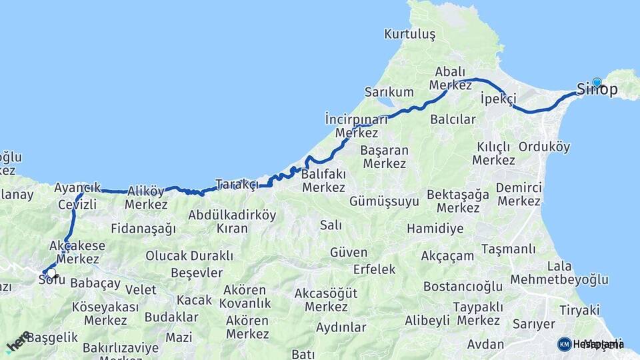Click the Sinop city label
[597, 90]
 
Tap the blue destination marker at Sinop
[597, 83]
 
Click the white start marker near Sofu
[51, 273]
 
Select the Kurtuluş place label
[409, 33]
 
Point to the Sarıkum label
[389, 91]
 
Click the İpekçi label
[498, 99]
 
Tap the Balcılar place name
[453, 119]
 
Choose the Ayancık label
[77, 187]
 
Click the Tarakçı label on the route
[236, 184]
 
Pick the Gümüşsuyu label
[384, 201]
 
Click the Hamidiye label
[435, 229]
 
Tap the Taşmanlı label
[508, 249]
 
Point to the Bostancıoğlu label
[462, 287]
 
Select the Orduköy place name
[544, 147]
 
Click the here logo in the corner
[19, 342]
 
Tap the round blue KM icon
[565, 344]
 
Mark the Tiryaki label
[579, 310]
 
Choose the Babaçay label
[95, 283]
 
